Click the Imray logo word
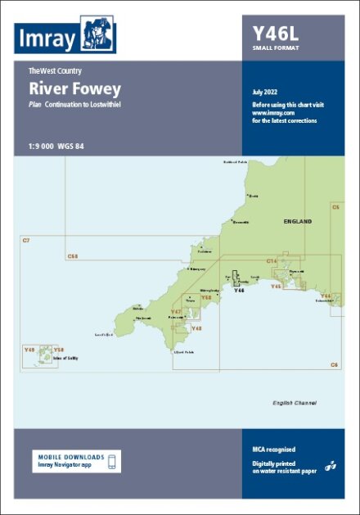pyautogui.click(x=47, y=38)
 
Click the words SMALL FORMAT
pyautogui.click(x=276, y=48)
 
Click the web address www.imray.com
pyautogui.click(x=272, y=113)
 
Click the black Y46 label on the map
pyautogui.click(x=239, y=291)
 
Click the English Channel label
pyautogui.click(x=295, y=404)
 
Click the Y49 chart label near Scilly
pyautogui.click(x=29, y=350)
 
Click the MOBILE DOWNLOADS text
pyautogui.click(x=71, y=457)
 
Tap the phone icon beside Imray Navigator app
pyautogui.click(x=114, y=461)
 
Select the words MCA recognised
pyautogui.click(x=274, y=449)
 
